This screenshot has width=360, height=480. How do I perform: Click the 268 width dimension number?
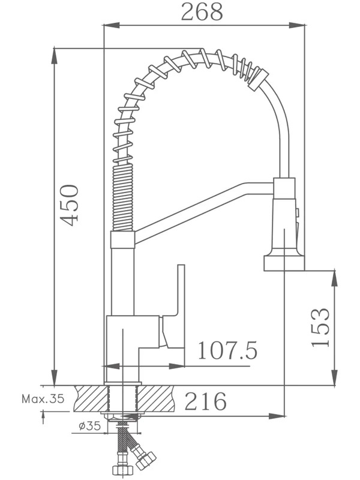202,12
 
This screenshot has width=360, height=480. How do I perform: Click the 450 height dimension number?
69,205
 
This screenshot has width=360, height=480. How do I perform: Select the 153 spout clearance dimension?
320,327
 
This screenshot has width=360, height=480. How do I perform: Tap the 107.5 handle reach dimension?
227,351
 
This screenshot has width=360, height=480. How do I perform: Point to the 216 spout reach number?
206,401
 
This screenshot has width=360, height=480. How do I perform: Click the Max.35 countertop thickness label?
43,399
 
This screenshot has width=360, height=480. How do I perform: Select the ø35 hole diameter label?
90,426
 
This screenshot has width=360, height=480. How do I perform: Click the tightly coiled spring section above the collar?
124,197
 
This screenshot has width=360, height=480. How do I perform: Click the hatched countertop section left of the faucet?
91,398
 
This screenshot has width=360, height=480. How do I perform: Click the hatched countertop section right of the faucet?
155,398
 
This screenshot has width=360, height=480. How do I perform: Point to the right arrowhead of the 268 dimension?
296,25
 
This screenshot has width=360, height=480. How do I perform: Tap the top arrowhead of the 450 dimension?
55,56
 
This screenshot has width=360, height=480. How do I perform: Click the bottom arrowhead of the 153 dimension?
335,377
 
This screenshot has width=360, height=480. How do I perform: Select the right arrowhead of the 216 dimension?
277,416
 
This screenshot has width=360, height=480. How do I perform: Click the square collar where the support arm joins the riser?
122,239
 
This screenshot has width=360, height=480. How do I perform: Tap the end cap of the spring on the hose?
259,80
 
